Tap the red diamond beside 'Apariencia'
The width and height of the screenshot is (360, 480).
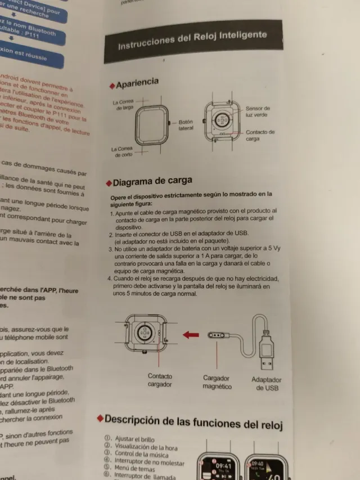pos(112,86)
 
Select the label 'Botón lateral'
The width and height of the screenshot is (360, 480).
pos(186,125)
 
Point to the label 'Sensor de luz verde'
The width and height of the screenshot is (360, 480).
pos(257,111)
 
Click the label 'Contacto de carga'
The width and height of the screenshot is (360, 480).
pos(260,135)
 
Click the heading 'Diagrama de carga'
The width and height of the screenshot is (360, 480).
pos(152,182)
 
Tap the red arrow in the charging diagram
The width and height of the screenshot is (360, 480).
pos(191,335)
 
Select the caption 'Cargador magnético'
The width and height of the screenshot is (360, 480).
pos(217,382)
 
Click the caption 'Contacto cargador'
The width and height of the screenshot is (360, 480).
pos(160,380)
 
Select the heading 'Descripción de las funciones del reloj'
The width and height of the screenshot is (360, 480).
pos(193,420)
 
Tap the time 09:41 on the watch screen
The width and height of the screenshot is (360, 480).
pos(224,466)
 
